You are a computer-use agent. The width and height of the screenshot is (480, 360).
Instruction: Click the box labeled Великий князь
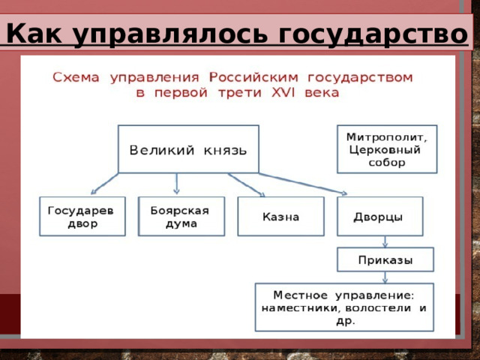(188, 149)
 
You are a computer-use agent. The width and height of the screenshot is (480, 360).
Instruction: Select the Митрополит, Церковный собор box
(386, 149)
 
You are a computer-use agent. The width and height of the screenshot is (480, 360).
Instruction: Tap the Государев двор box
(82, 217)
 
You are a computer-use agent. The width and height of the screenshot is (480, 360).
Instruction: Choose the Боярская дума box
(181, 217)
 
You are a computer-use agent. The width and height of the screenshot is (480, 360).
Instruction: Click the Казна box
(280, 217)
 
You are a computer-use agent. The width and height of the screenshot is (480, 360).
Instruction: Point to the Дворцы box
(379, 217)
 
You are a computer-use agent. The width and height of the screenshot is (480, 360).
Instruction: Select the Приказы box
(385, 259)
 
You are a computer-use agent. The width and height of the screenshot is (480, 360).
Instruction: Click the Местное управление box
(344, 307)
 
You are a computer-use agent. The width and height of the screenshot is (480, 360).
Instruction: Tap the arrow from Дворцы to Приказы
(385, 241)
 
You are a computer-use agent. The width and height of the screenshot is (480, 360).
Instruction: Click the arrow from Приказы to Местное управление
(385, 276)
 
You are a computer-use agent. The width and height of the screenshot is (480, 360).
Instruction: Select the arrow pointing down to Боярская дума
(177, 184)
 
